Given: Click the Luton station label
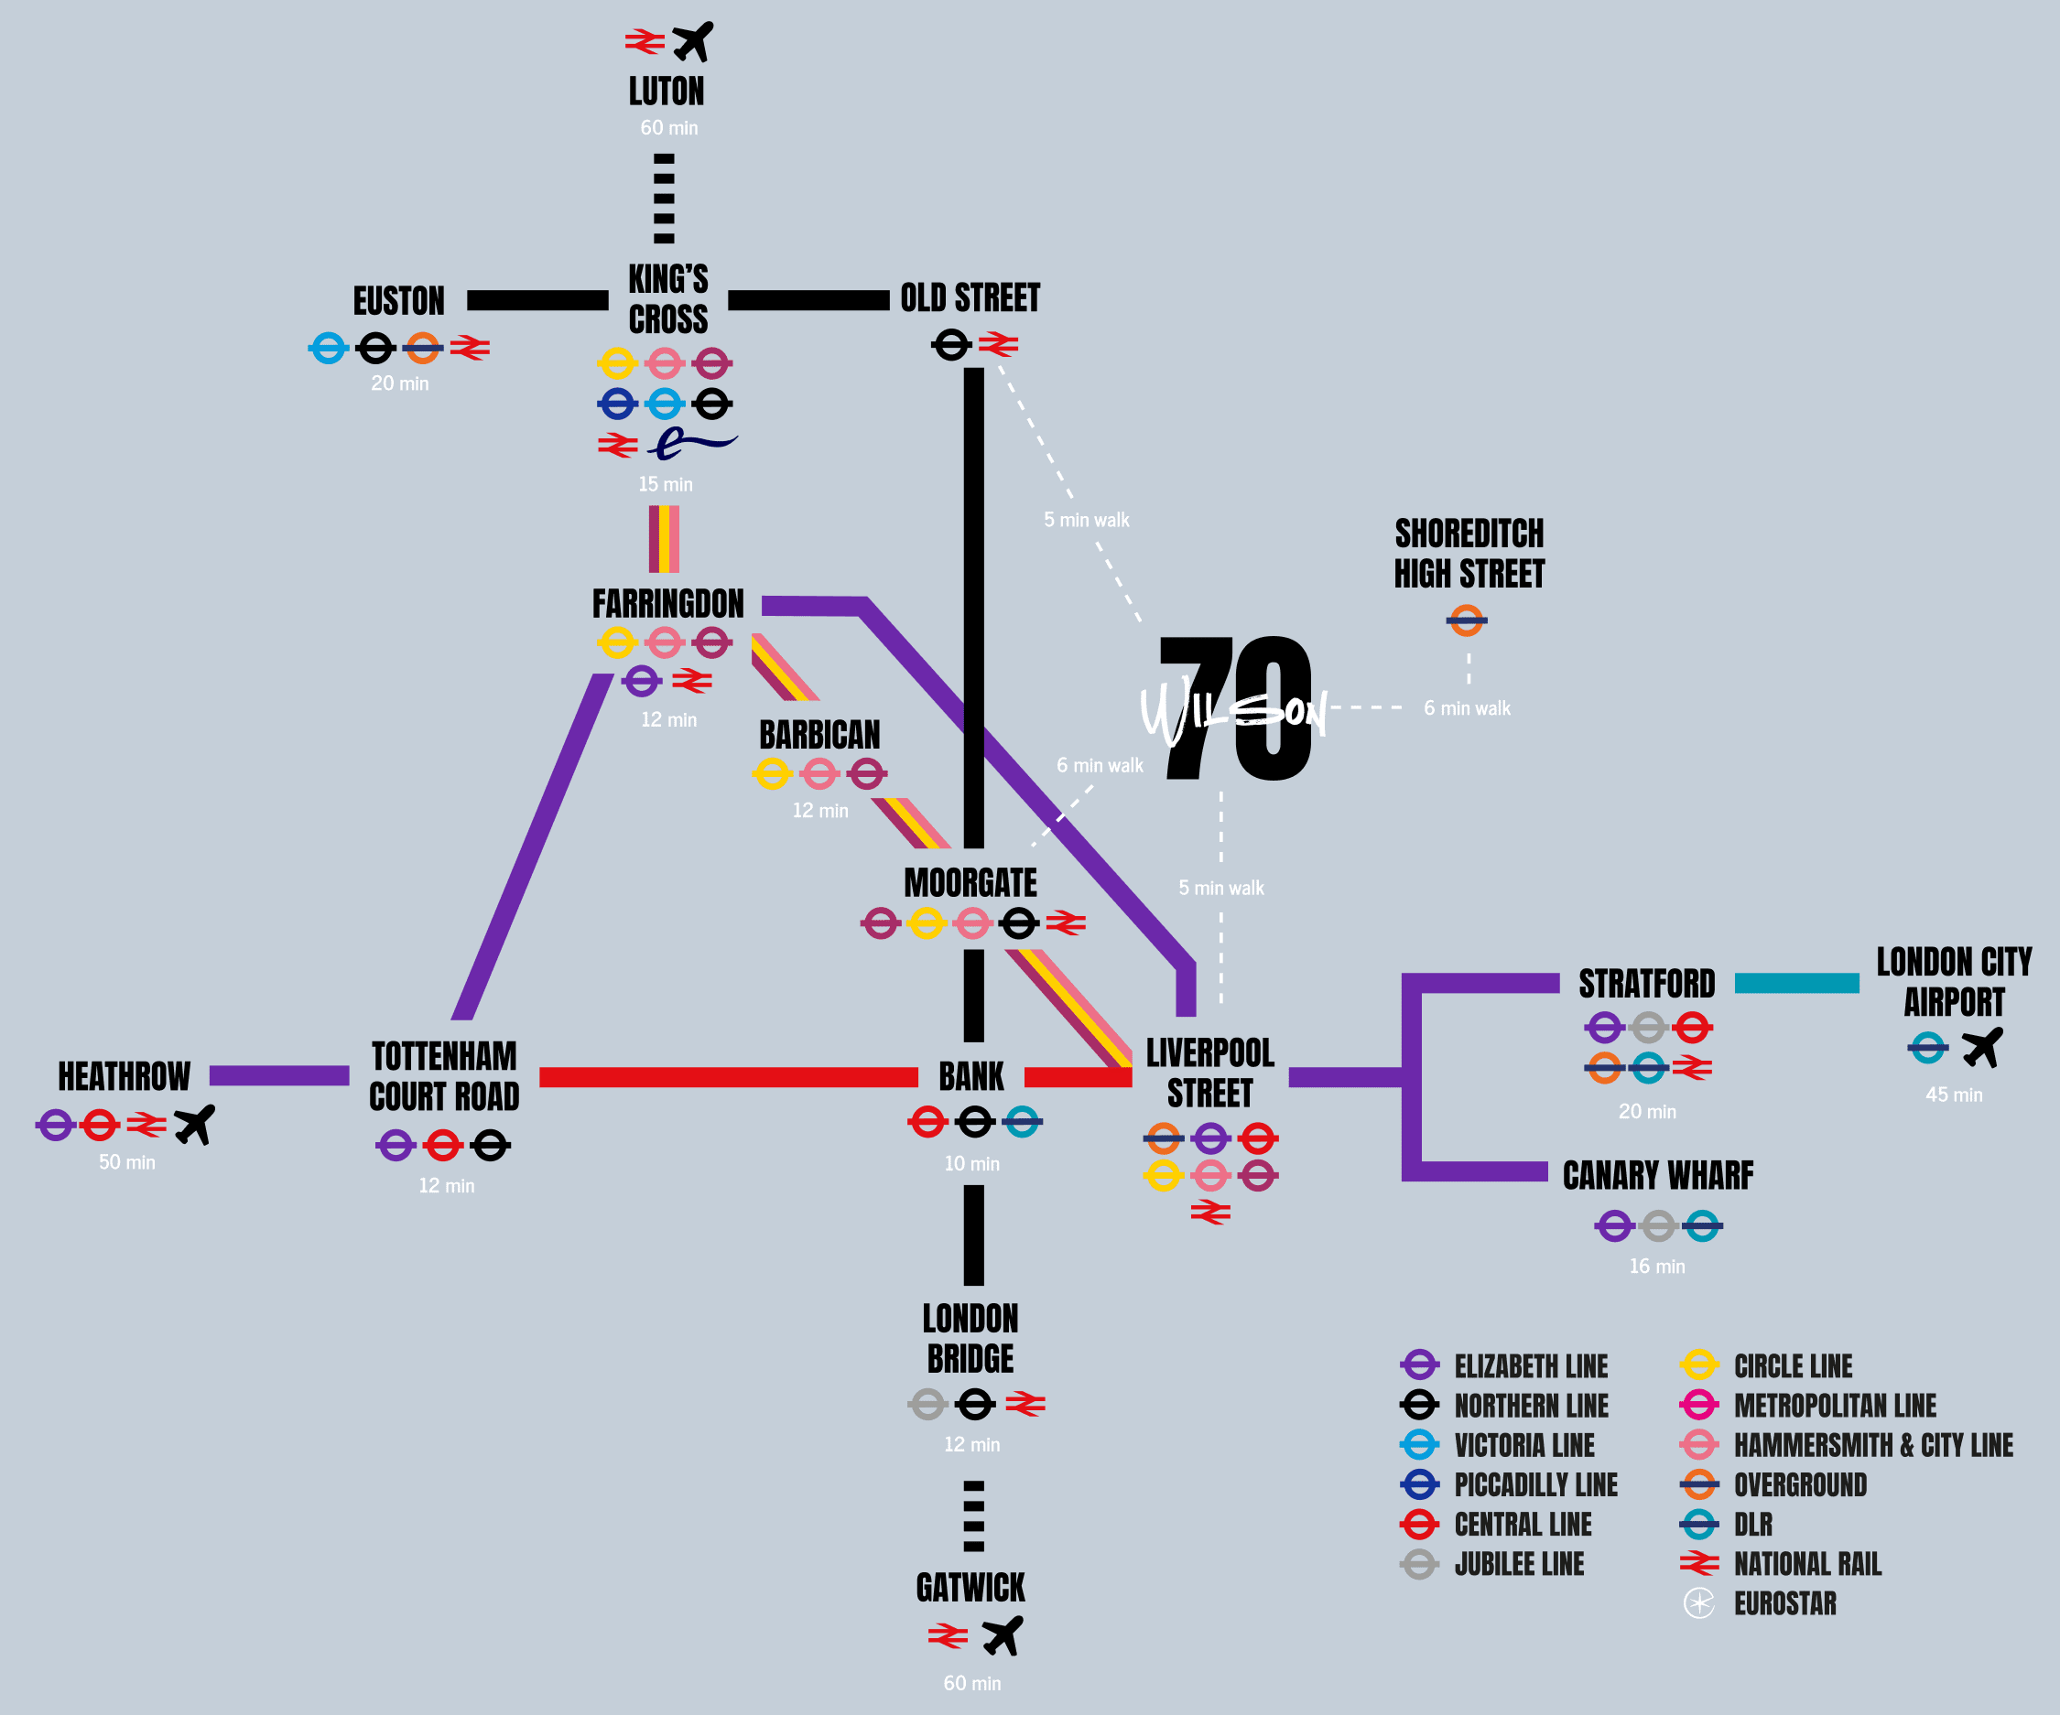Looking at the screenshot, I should (667, 92).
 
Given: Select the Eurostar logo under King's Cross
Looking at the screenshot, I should (691, 444).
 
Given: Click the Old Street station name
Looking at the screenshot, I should (970, 298).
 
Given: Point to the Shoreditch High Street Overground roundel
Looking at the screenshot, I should (1467, 620).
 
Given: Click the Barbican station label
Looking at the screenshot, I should (819, 735).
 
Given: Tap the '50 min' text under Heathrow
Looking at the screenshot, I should (126, 1162).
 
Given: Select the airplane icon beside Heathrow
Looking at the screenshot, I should (194, 1125).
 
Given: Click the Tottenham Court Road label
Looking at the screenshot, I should (444, 1075).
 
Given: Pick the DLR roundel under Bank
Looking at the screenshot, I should (1021, 1122).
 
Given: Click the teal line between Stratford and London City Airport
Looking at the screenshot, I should (1796, 984).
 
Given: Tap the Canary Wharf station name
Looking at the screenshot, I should (1658, 1175).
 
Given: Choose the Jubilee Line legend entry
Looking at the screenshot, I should (1519, 1564).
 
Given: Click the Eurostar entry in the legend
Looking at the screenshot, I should (1784, 1603).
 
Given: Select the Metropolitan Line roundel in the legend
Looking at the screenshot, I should (1699, 1405).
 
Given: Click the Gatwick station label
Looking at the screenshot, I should (970, 1588).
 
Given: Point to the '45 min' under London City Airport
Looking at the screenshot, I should (1953, 1095).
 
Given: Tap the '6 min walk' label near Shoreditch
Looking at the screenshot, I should (1467, 708).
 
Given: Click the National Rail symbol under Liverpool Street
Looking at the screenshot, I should (1210, 1213).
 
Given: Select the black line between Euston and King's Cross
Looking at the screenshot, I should (537, 300).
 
